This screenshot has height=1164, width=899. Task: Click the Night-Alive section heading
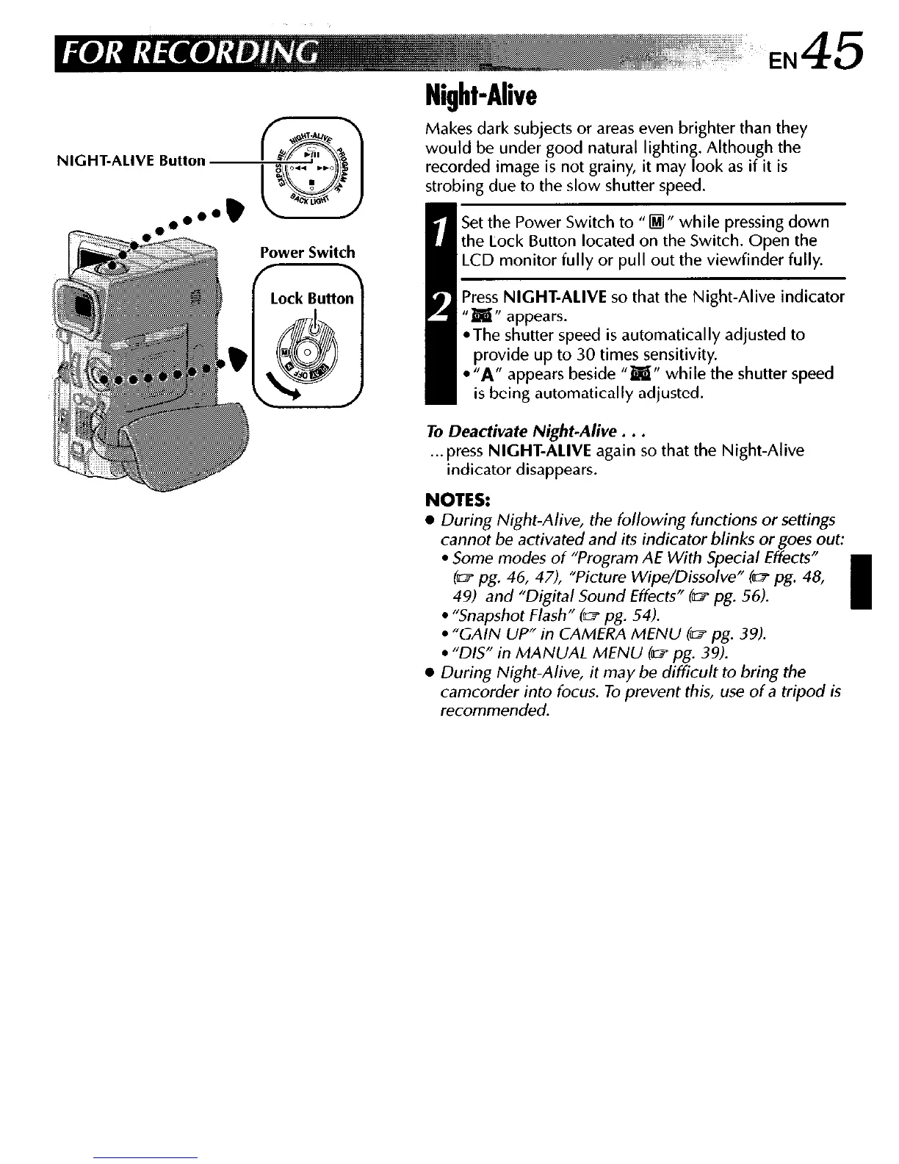point(481,95)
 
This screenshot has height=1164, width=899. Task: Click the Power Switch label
point(308,253)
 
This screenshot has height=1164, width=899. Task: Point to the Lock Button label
point(312,298)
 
